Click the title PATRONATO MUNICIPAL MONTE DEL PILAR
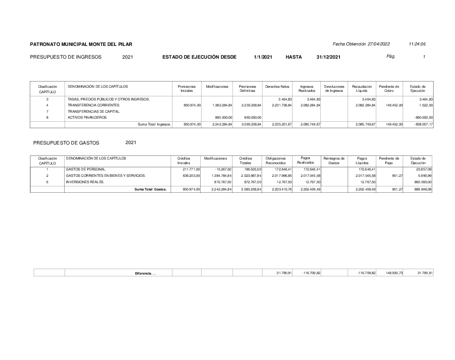pyautogui.click(x=81, y=44)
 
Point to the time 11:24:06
pyautogui.click(x=417, y=44)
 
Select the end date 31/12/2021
pyautogui.click(x=328, y=57)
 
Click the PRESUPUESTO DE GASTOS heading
pyautogui.click(x=66, y=143)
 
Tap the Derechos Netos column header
pyautogui.click(x=277, y=86)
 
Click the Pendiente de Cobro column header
pyautogui.click(x=389, y=89)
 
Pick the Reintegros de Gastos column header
pyautogui.click(x=334, y=160)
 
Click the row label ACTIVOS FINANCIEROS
pyautogui.click(x=88, y=117)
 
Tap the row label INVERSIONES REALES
pyautogui.click(x=85, y=182)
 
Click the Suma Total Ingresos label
pyautogui.click(x=154, y=124)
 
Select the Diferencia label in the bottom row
pyautogui.click(x=145, y=273)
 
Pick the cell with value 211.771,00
pyautogui.click(x=191, y=169)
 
